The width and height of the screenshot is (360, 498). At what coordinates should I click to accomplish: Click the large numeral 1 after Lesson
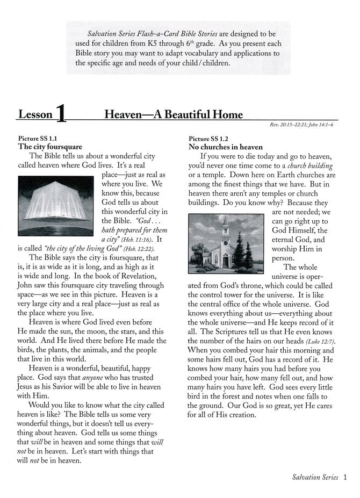pyautogui.click(x=61, y=113)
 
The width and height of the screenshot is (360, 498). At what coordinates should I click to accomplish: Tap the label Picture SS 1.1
pyautogui.click(x=37, y=138)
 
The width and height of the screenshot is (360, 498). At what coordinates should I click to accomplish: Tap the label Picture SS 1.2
pyautogui.click(x=207, y=138)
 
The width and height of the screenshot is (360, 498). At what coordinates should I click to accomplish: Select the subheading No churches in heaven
pyautogui.click(x=225, y=146)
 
